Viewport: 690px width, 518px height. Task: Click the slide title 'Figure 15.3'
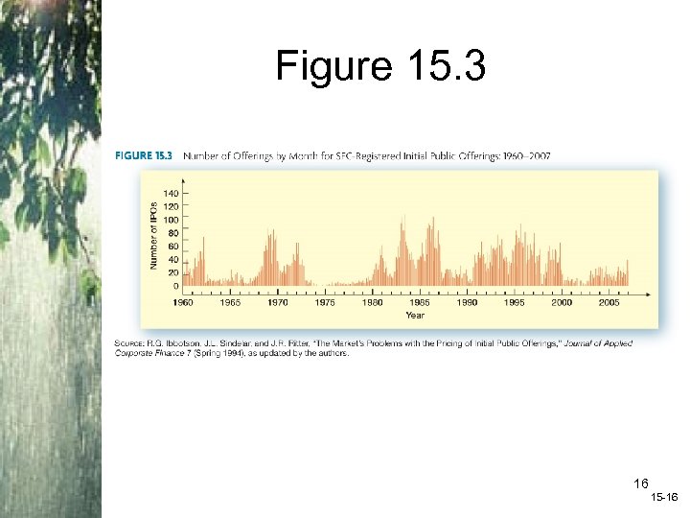pos(380,67)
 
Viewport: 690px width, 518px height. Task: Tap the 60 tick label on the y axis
pos(173,246)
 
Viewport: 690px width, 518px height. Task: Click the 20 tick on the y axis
pos(173,272)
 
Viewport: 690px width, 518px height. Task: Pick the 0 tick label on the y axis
pos(175,286)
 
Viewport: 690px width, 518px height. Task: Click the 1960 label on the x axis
pos(182,302)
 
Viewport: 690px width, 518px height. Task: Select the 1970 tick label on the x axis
pos(277,302)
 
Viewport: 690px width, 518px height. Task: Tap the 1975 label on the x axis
pos(325,302)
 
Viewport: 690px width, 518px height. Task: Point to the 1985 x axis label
pos(419,302)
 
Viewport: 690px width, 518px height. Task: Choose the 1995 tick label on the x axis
pos(514,302)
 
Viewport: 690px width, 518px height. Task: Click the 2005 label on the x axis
pos(609,302)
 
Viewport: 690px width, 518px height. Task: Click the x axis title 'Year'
pos(414,315)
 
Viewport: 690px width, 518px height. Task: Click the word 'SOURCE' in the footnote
pos(130,343)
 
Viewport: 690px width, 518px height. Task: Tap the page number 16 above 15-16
pos(641,483)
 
